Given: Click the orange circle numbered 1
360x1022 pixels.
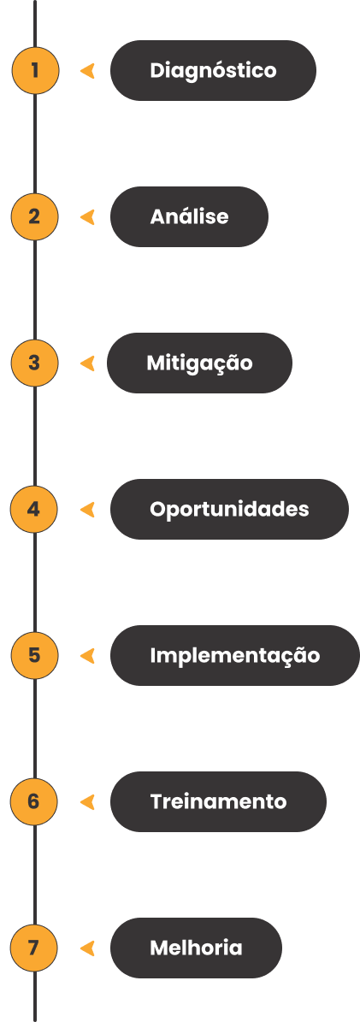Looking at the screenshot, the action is click(x=35, y=70).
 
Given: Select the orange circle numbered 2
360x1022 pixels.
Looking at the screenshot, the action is click(x=35, y=216).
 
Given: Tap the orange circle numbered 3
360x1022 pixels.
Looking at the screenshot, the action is click(x=35, y=363).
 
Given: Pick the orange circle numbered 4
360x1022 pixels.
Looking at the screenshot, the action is click(x=34, y=509).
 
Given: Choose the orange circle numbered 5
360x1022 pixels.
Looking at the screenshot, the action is click(x=35, y=655).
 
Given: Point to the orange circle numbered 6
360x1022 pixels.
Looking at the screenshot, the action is click(x=34, y=801).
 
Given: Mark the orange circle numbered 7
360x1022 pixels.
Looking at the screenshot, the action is click(x=34, y=948).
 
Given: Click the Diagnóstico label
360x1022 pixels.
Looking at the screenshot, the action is click(x=213, y=70).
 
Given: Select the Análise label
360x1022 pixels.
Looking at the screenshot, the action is click(x=189, y=216).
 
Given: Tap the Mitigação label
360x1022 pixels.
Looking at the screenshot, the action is click(x=199, y=363).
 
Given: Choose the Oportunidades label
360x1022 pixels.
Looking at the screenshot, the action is click(x=229, y=509).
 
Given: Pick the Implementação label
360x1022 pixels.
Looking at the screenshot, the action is click(x=235, y=655).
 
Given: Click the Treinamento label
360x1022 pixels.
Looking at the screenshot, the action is click(x=218, y=801).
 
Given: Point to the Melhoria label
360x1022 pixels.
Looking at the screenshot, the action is click(x=197, y=948).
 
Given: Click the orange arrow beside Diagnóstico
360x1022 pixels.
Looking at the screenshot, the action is click(x=87, y=70).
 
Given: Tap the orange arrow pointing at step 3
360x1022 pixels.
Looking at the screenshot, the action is click(x=87, y=363).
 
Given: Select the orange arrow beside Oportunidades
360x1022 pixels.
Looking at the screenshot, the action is click(x=87, y=509).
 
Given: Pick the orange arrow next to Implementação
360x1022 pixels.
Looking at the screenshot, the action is click(x=87, y=655).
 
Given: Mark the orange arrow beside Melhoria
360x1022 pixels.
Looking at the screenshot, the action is click(x=87, y=948).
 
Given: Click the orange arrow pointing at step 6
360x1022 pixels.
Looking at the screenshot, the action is click(x=87, y=801).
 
